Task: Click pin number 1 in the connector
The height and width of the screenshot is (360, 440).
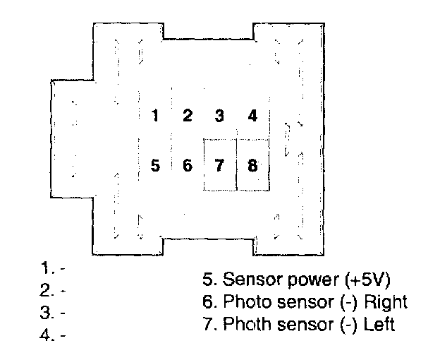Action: pyautogui.click(x=155, y=116)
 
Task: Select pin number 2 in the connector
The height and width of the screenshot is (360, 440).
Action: pyautogui.click(x=188, y=116)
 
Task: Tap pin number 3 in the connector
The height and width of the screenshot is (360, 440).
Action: pyautogui.click(x=219, y=116)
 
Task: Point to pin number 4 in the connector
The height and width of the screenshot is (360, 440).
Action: pyautogui.click(x=252, y=116)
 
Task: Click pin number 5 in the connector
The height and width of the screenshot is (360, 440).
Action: pyautogui.click(x=155, y=166)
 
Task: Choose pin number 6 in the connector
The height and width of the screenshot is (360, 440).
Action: pyautogui.click(x=188, y=166)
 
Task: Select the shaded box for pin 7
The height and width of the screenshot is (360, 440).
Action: pyautogui.click(x=219, y=166)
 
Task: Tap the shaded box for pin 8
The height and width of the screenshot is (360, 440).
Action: pyautogui.click(x=252, y=166)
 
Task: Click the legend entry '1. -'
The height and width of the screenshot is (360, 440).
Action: pyautogui.click(x=53, y=268)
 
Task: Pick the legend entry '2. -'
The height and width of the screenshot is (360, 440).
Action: pyautogui.click(x=53, y=290)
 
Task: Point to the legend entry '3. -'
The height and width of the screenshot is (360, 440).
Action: pyautogui.click(x=53, y=312)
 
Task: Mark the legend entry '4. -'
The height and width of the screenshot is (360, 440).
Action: pyautogui.click(x=53, y=335)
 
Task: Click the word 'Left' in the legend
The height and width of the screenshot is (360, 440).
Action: pyautogui.click(x=380, y=325)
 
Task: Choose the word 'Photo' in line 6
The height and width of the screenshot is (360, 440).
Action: pyautogui.click(x=242, y=302)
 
